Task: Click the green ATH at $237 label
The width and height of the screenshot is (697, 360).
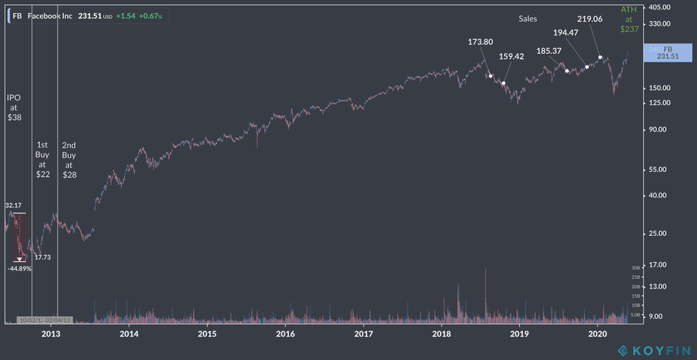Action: point(629,20)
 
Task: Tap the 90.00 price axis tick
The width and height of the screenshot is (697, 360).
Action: point(658,129)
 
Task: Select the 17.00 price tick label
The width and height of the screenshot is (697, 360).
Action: point(658,265)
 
